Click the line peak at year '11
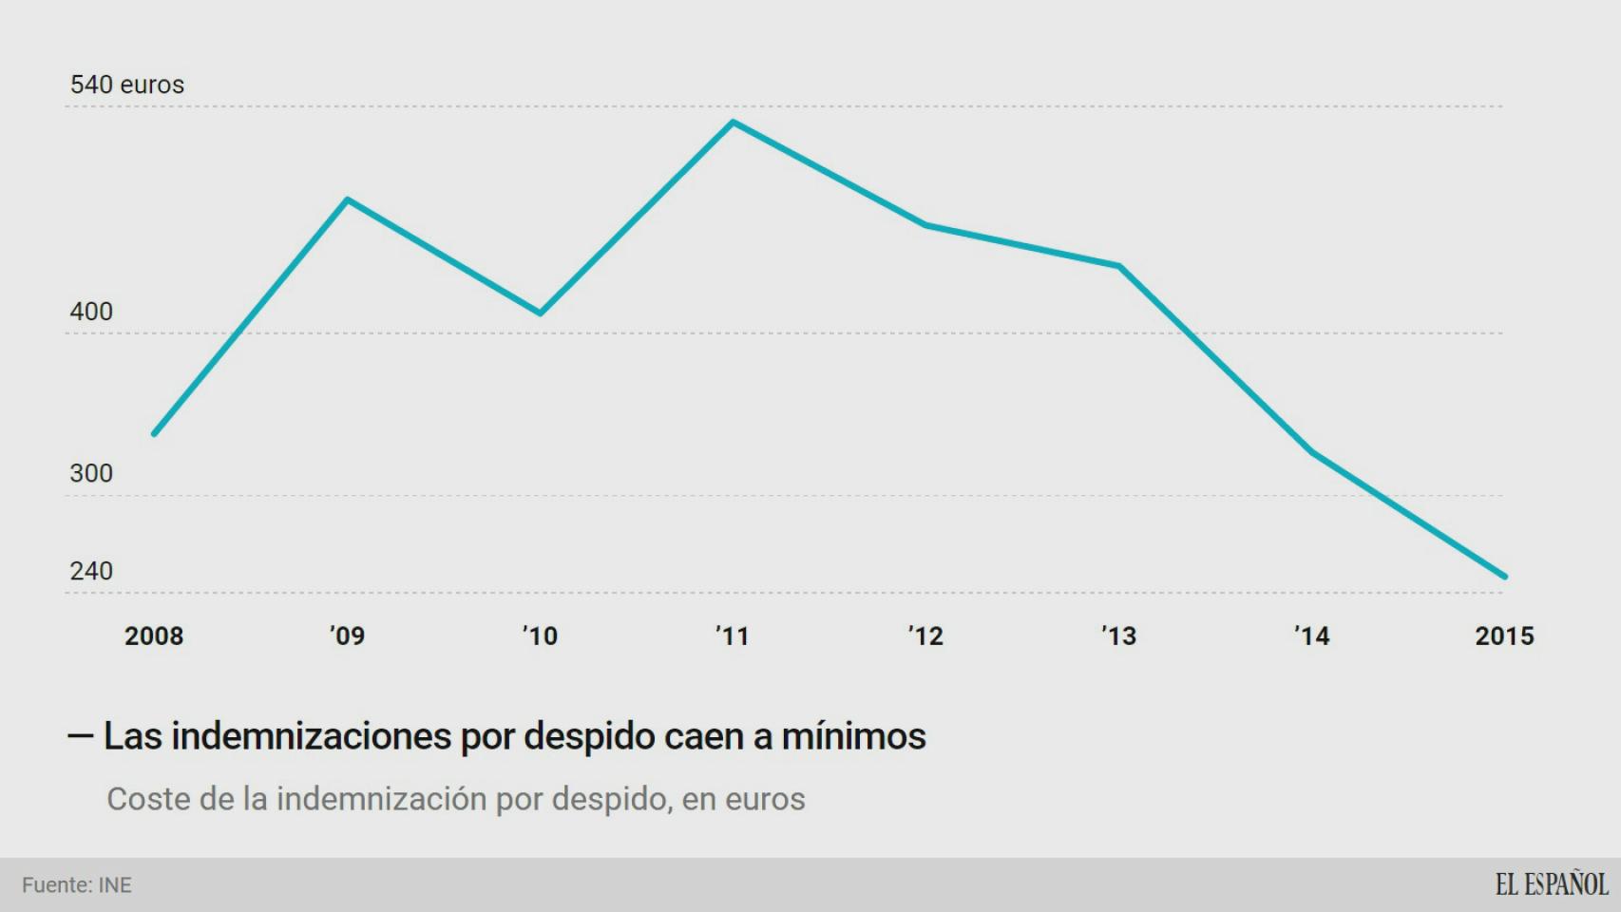coord(733,123)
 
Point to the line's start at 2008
coord(155,433)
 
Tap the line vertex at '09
coord(348,199)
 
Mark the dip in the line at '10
coord(540,313)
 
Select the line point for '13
coord(1119,266)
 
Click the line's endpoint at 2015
coord(1504,576)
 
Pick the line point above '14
coord(1312,452)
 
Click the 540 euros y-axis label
coord(126,85)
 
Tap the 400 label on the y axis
coord(91,312)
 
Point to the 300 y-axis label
coord(91,473)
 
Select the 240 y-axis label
coord(91,571)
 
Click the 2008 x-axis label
coord(154,636)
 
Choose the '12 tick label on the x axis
coord(925,636)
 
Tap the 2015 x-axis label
coord(1504,636)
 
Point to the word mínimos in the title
coord(852,737)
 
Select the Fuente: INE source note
coord(77,885)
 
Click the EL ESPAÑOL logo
coord(1551,884)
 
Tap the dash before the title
coord(80,736)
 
